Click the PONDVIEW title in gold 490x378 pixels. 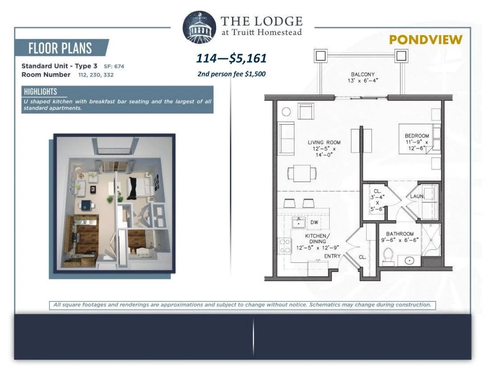(x=425, y=40)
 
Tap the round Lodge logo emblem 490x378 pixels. (x=199, y=26)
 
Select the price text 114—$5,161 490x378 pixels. (x=232, y=58)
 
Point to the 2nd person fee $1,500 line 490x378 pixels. (x=232, y=74)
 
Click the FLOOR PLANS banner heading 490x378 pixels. (x=60, y=48)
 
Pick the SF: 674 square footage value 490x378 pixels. (x=114, y=66)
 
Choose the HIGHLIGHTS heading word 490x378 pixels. (x=40, y=91)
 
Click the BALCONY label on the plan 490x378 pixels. (x=363, y=74)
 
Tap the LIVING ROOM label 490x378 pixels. (x=324, y=142)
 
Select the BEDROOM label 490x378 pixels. (x=417, y=136)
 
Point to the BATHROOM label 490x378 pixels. (x=400, y=233)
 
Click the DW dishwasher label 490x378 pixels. (x=314, y=222)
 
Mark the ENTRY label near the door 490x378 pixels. (x=332, y=256)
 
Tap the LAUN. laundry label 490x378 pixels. (x=417, y=196)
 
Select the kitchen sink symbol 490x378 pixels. (x=299, y=223)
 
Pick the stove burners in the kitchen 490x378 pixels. (x=285, y=246)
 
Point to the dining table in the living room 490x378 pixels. (x=302, y=173)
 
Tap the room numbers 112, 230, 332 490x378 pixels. (x=96, y=75)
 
